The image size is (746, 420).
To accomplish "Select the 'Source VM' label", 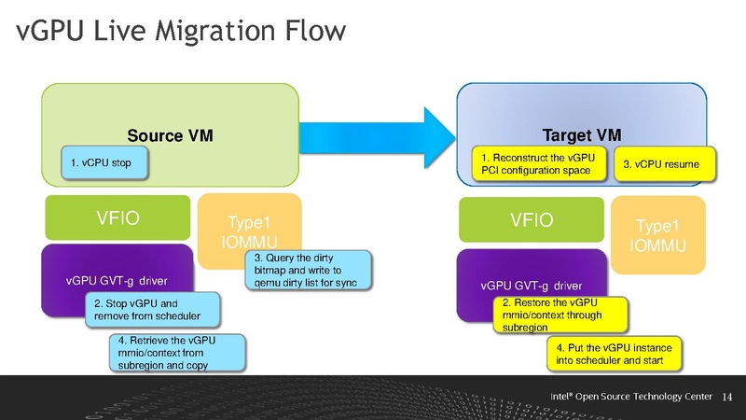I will coord(171,135).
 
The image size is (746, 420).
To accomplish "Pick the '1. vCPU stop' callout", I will coord(102,163).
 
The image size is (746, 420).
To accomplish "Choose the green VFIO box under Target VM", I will coord(532,221).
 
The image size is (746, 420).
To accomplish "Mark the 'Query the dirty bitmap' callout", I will coord(305,270).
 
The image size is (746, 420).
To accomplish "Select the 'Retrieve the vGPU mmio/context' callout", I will coord(176,352).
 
